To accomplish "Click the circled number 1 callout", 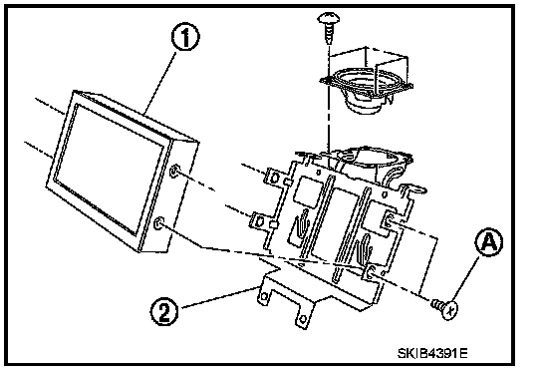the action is click(x=185, y=37).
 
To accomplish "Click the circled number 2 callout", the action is click(x=164, y=311).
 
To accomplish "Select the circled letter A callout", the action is click(x=489, y=242).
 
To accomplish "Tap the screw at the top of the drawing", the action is click(x=329, y=27).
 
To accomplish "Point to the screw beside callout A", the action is click(x=445, y=307).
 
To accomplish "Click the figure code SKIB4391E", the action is click(x=432, y=353).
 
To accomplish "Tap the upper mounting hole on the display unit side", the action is click(x=174, y=171).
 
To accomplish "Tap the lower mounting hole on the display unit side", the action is click(x=159, y=223).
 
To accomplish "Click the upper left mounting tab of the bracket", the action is click(x=276, y=179).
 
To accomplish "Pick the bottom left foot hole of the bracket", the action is click(x=264, y=296).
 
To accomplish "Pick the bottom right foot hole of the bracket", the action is click(x=303, y=318).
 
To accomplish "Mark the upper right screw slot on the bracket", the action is click(x=389, y=219).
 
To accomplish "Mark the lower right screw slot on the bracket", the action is click(x=371, y=272).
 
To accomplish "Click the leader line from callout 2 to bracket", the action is click(x=219, y=297).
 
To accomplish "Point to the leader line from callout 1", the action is click(x=160, y=83).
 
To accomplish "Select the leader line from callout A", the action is click(x=465, y=279).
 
